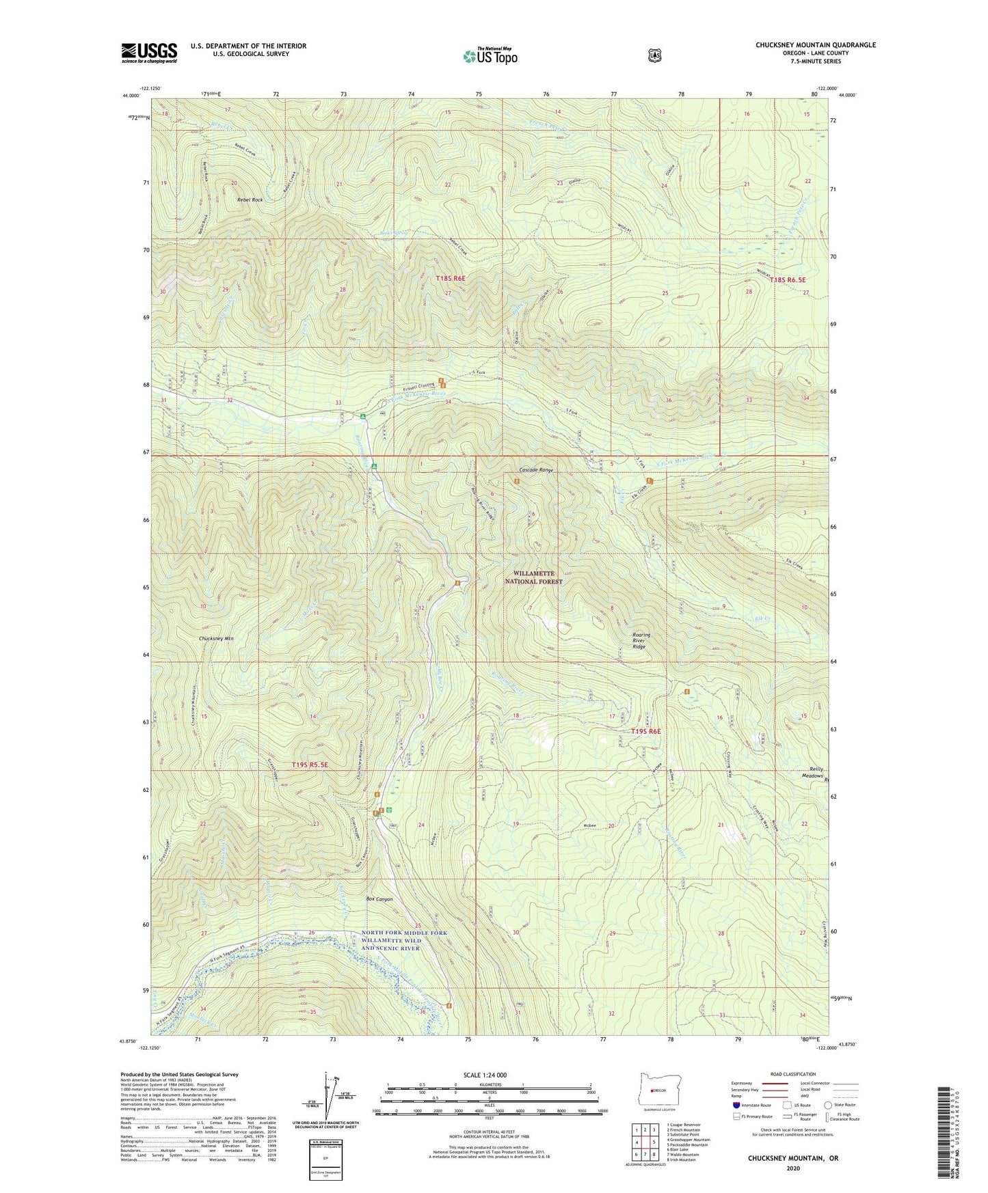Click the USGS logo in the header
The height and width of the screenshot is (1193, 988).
tap(149, 53)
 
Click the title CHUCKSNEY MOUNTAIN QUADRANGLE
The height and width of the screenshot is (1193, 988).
tap(815, 45)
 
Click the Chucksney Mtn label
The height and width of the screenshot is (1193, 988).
tap(216, 638)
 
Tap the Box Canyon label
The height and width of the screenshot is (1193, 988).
tap(379, 899)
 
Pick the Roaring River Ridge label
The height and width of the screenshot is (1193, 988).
tap(641, 640)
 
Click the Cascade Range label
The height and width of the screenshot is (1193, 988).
tap(536, 470)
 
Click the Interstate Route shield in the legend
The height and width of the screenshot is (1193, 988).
tap(736, 1105)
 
